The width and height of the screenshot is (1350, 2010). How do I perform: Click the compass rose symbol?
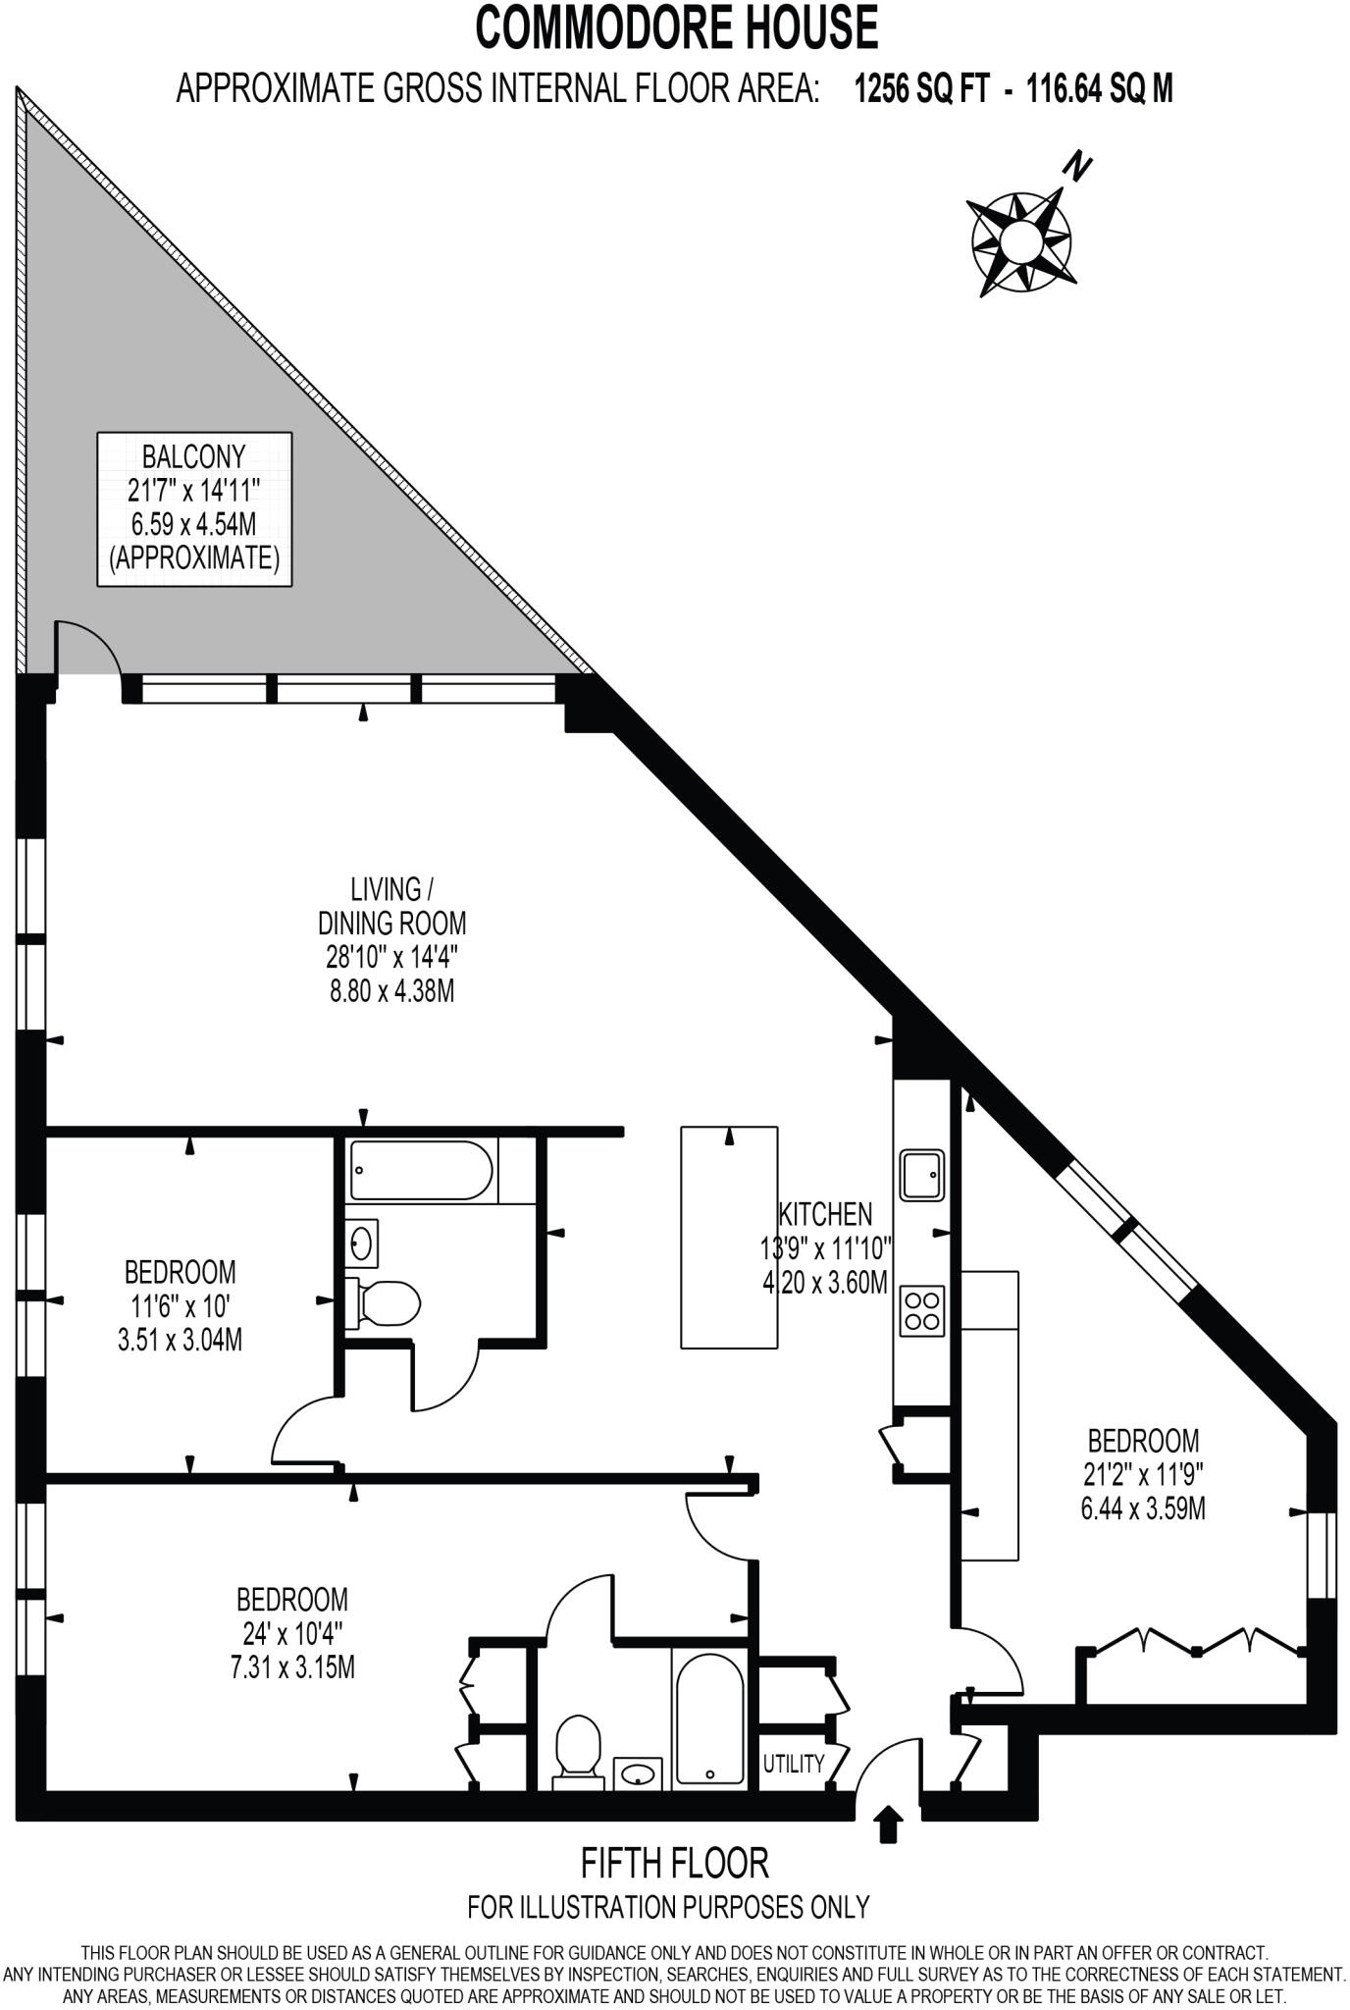point(1021,239)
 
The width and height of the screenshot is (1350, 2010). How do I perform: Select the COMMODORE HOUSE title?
point(676,27)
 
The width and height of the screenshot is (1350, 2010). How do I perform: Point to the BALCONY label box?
point(194,508)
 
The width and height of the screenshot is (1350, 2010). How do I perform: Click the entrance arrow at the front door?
point(889,1825)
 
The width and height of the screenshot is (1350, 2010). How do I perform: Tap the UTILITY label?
point(794,1764)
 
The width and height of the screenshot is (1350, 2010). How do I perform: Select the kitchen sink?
point(922,1174)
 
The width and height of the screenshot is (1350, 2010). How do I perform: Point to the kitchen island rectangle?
point(729,1237)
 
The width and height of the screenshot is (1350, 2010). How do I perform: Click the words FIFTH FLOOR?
point(675,1862)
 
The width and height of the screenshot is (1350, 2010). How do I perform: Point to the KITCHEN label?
point(825,1214)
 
